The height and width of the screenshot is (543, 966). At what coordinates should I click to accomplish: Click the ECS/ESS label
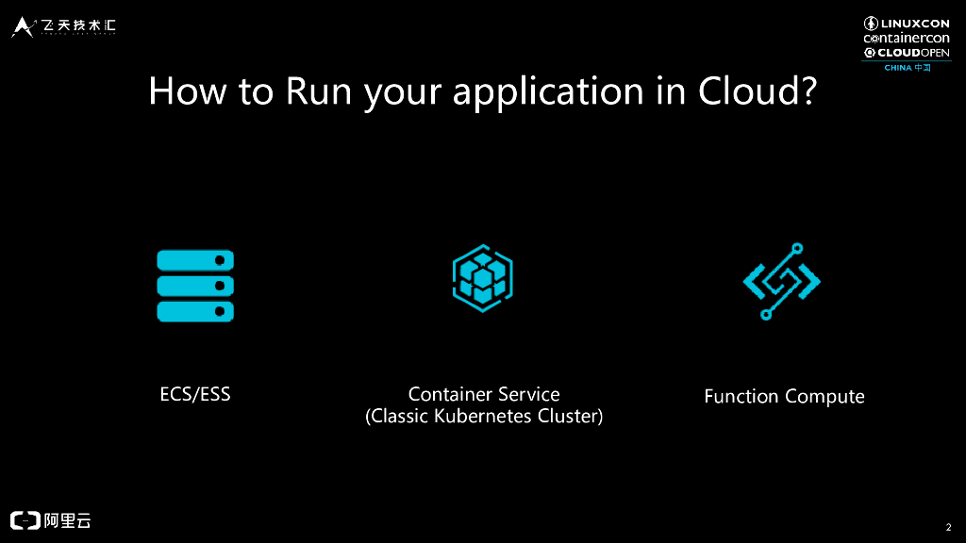(195, 394)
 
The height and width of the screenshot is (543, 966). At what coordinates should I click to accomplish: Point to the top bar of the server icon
(195, 260)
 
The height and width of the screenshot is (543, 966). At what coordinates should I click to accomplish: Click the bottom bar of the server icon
(195, 311)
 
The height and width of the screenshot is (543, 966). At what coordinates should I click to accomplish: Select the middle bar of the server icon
(195, 286)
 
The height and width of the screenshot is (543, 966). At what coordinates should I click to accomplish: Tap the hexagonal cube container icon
(482, 278)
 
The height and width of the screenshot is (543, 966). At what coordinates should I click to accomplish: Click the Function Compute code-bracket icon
(782, 281)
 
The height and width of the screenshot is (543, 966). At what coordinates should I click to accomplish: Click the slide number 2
(947, 527)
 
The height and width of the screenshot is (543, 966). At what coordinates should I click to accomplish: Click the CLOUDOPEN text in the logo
(913, 53)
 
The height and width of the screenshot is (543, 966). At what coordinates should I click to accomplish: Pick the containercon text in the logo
(907, 38)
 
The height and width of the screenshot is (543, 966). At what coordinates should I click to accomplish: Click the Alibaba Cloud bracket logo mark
(25, 519)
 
